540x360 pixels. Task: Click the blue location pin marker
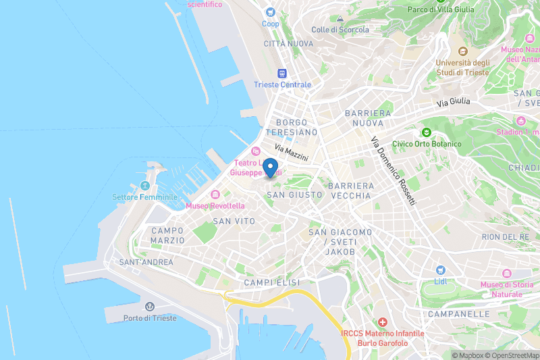[x=270, y=168]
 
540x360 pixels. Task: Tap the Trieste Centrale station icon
[x=282, y=73]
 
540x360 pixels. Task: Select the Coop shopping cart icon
[x=271, y=12]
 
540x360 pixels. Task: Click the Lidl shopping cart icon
[x=441, y=269]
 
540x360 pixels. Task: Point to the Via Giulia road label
[x=453, y=103]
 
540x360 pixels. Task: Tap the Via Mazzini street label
[x=291, y=151]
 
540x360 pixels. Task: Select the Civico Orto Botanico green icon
[x=426, y=132]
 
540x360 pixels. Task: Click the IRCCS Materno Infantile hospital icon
[x=383, y=322]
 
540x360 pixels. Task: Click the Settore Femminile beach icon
[x=144, y=186]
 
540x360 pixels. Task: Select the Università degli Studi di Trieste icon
[x=462, y=51]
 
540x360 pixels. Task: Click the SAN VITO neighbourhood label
[x=234, y=221]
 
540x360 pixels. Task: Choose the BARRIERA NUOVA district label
[x=368, y=118]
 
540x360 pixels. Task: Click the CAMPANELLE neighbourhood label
[x=458, y=314]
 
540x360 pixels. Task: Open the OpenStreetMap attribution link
[x=510, y=355]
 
